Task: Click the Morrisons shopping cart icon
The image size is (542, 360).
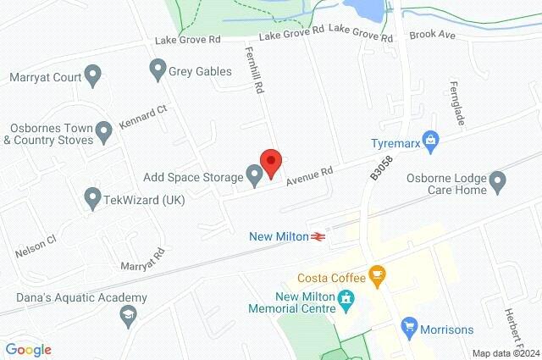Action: pyautogui.click(x=410, y=326)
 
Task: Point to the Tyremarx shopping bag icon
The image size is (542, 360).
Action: pyautogui.click(x=431, y=138)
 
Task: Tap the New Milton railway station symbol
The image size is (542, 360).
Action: pyautogui.click(x=319, y=236)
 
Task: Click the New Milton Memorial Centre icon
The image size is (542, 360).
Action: pyautogui.click(x=346, y=298)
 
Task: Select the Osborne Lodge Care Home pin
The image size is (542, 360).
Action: pyautogui.click(x=498, y=180)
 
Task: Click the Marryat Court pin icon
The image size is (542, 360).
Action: pyautogui.click(x=93, y=78)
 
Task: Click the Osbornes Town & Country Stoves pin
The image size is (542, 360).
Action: pyautogui.click(x=103, y=131)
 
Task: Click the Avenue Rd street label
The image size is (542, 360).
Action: pyautogui.click(x=309, y=175)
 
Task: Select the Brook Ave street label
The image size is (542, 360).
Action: pyautogui.click(x=432, y=36)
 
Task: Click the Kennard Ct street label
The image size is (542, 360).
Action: pyautogui.click(x=143, y=115)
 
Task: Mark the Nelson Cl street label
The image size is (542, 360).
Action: pyautogui.click(x=35, y=246)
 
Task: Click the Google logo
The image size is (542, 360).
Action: pyautogui.click(x=29, y=349)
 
